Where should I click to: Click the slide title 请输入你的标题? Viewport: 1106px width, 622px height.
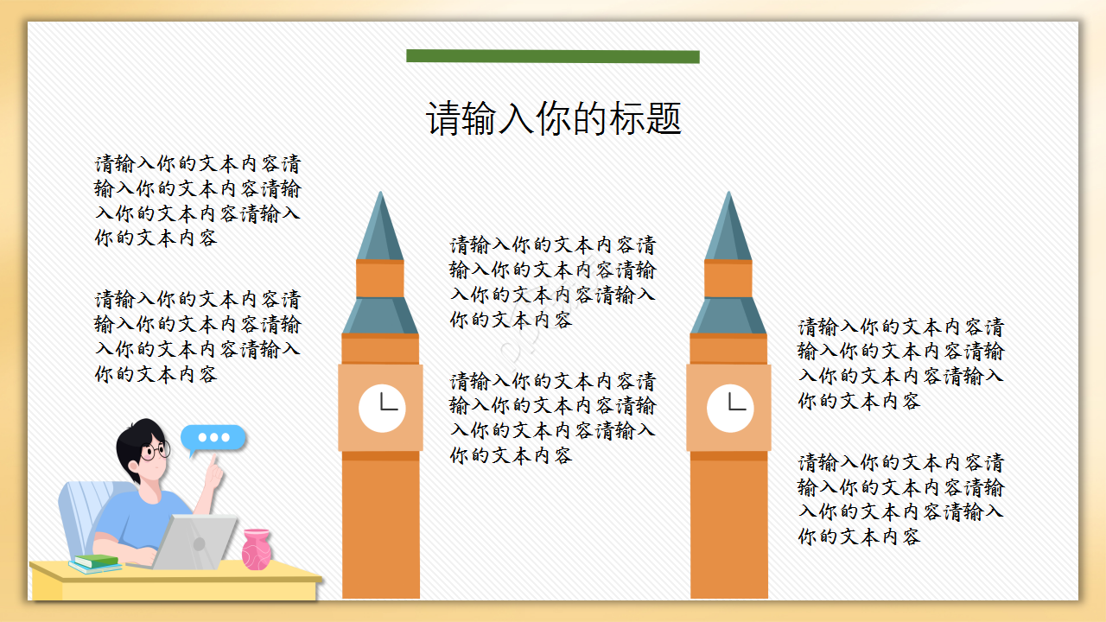(554, 119)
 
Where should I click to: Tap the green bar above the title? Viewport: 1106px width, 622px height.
(553, 56)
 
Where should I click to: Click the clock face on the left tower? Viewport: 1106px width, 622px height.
(382, 408)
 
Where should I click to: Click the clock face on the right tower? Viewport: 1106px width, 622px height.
(730, 408)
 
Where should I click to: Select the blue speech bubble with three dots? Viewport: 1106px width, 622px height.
(213, 438)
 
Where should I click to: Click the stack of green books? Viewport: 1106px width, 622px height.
(96, 563)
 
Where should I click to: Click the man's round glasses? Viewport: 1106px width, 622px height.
(156, 451)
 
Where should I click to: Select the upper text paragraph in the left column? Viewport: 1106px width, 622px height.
(198, 200)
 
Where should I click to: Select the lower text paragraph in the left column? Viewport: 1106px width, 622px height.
(198, 337)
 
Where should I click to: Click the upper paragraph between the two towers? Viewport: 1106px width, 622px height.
(552, 282)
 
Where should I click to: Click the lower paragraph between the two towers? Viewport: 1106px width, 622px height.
(552, 418)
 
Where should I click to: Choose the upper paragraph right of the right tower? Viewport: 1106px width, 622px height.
(901, 364)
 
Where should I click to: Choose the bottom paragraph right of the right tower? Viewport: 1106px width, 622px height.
(901, 499)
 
